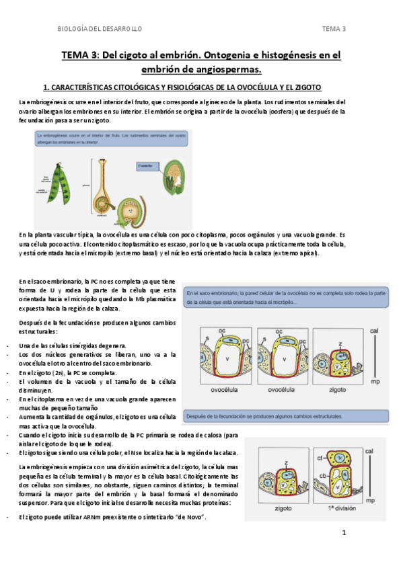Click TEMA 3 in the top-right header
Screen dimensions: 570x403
point(334,29)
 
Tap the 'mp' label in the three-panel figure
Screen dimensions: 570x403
point(375,381)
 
